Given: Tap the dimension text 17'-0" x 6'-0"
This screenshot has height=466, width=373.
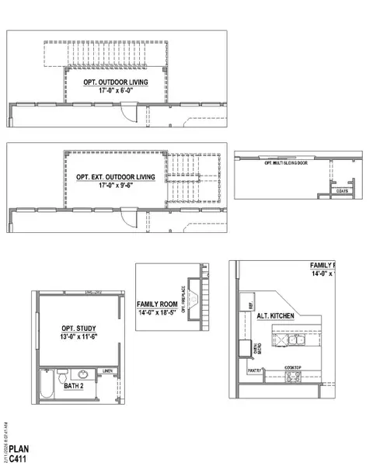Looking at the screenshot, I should point(115,91).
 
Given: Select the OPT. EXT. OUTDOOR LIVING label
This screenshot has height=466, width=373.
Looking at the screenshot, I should point(116,177).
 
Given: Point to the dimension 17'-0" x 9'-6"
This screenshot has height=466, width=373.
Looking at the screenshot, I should point(116,186).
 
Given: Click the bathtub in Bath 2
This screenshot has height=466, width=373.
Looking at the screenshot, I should point(47,384).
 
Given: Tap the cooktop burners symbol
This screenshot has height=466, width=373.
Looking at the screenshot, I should point(293,377).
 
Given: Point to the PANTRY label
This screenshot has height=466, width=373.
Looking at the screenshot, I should point(254,371).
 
